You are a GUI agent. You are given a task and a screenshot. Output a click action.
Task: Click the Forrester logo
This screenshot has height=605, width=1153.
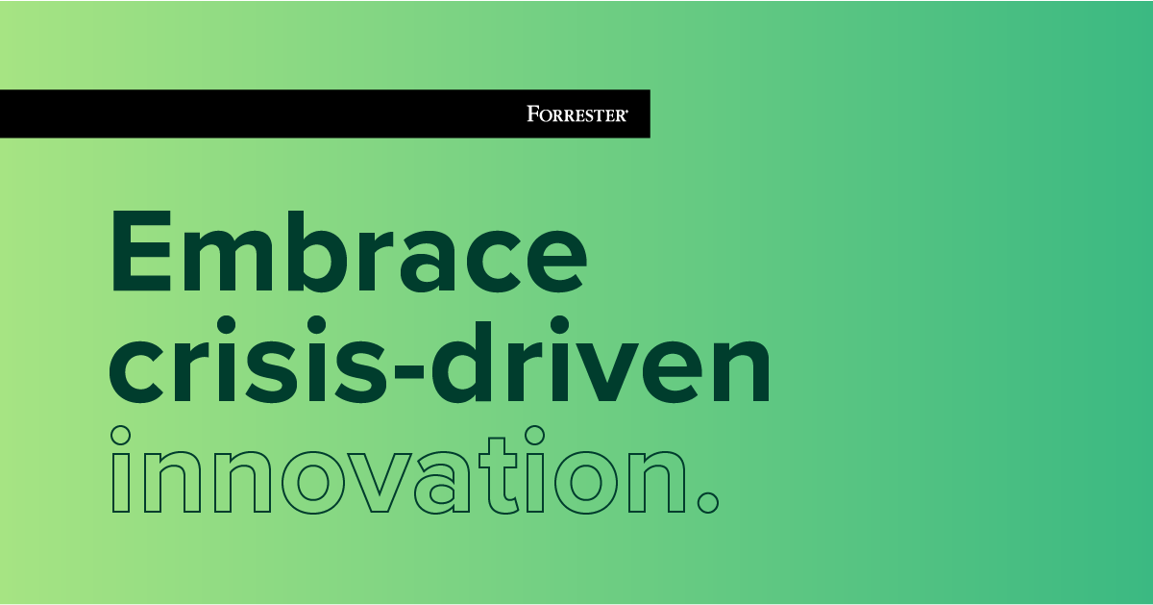[576, 114]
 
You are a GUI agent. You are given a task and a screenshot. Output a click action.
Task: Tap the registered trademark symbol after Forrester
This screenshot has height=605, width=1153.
[627, 111]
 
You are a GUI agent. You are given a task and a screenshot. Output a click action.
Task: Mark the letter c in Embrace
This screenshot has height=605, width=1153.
[492, 260]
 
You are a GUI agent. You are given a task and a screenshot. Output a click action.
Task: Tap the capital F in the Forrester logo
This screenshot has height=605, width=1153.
[531, 114]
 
